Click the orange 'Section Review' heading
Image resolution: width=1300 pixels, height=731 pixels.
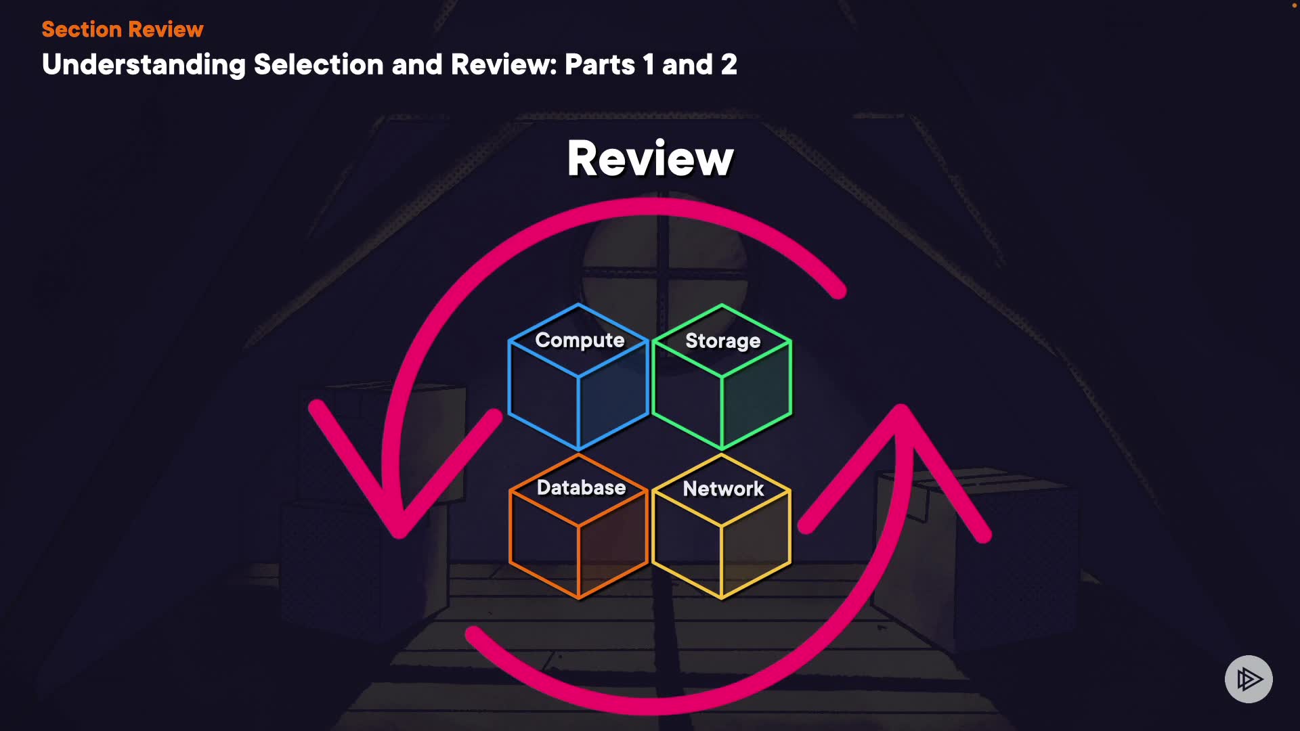pyautogui.click(x=122, y=29)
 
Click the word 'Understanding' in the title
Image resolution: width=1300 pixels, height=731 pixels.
pyautogui.click(x=144, y=65)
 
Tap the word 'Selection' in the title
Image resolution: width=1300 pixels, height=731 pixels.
pyautogui.click(x=318, y=65)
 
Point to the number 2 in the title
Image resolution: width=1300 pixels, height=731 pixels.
pyautogui.click(x=729, y=65)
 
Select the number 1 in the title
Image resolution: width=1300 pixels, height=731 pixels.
pyautogui.click(x=648, y=65)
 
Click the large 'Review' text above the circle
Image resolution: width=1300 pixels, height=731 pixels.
pyautogui.click(x=650, y=158)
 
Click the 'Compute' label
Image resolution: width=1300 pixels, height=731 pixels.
pyautogui.click(x=580, y=340)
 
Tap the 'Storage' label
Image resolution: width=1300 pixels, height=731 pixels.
pyautogui.click(x=722, y=341)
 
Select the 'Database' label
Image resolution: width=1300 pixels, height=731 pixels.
pyautogui.click(x=581, y=488)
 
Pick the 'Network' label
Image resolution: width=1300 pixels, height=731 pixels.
pyautogui.click(x=723, y=489)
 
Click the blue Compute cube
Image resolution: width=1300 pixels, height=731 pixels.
pyautogui.click(x=578, y=399)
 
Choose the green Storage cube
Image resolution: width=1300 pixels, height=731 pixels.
pyautogui.click(x=722, y=399)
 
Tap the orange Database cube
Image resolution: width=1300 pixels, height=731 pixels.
pyautogui.click(x=578, y=548)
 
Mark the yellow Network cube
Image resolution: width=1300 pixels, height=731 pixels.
pyautogui.click(x=722, y=548)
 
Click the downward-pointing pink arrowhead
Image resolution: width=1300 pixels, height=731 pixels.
pyautogui.click(x=399, y=501)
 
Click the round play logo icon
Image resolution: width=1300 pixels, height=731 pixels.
pyautogui.click(x=1249, y=679)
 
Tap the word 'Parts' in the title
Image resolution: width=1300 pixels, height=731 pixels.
pyautogui.click(x=600, y=65)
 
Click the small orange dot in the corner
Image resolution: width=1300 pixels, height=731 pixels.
pyautogui.click(x=1294, y=5)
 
